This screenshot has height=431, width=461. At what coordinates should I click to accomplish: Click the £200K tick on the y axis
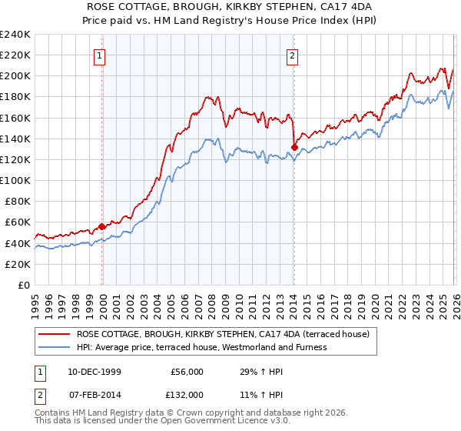15,76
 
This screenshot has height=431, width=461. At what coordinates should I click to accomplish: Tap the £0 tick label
24,285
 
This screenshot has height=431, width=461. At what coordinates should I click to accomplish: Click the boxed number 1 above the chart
102,55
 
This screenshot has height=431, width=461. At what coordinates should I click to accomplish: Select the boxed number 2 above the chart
294,55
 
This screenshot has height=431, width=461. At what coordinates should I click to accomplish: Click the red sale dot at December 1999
102,226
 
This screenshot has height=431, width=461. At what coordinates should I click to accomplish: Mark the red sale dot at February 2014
294,147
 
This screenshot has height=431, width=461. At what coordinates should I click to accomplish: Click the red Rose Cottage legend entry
223,334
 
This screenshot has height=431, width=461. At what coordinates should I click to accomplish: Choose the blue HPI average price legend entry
202,347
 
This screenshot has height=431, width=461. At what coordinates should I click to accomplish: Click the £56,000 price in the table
187,372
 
